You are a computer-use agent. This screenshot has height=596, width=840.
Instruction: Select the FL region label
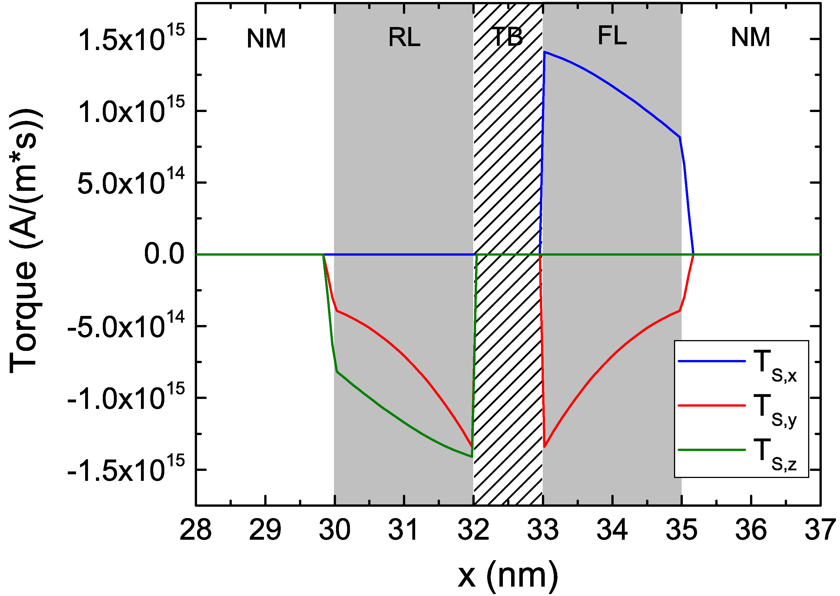[x=612, y=36]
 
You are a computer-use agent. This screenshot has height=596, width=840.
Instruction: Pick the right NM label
[x=750, y=38]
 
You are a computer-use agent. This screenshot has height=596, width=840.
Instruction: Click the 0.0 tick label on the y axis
[x=164, y=254]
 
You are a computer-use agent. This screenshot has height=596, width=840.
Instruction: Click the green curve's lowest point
[x=472, y=457]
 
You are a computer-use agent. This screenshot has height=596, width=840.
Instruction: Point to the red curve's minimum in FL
[x=544, y=447]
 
